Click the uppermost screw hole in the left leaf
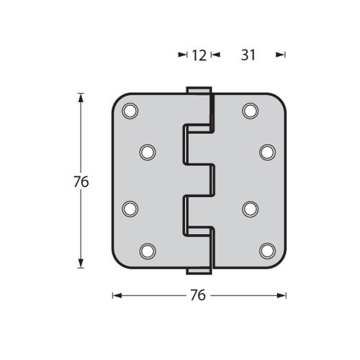130,111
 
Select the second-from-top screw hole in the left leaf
147,152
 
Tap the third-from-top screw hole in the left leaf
130,208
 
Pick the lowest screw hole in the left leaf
147,251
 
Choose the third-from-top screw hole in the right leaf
250,208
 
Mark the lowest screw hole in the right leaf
266,250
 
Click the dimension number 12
199,55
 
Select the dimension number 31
248,55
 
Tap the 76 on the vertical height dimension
81,183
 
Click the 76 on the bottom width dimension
198,296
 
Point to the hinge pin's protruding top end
199,90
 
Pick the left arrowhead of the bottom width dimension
116,295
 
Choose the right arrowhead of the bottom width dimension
283,295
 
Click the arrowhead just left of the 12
182,55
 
